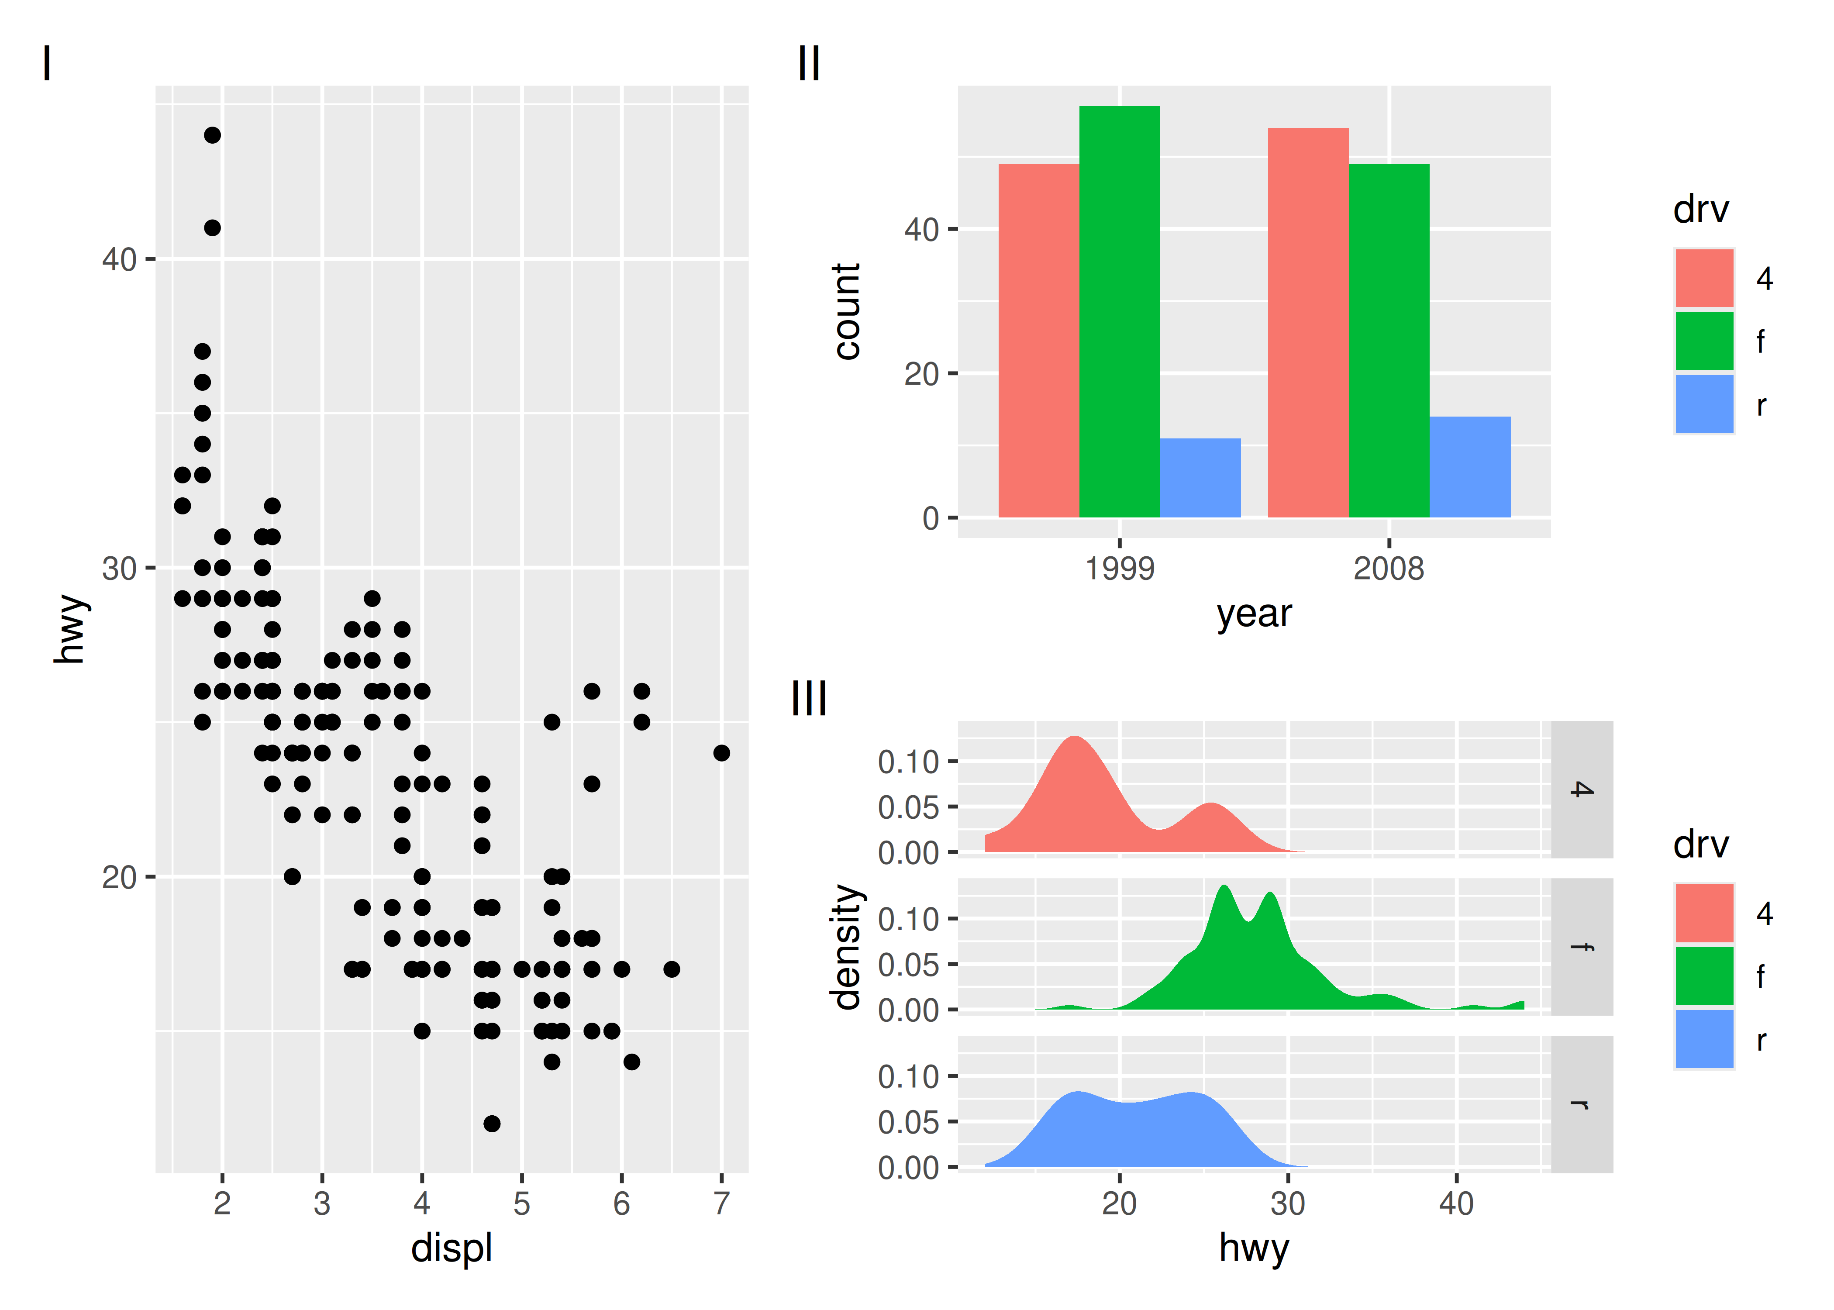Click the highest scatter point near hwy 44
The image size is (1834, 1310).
pos(212,134)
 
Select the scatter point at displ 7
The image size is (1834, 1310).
pos(721,753)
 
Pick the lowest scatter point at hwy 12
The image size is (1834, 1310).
pos(492,1123)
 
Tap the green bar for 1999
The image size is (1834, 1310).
pos(1120,311)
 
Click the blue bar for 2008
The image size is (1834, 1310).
pos(1469,467)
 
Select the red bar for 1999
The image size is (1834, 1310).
pos(1039,341)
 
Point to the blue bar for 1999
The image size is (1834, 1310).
pos(1200,478)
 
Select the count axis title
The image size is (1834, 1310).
pos(847,311)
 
